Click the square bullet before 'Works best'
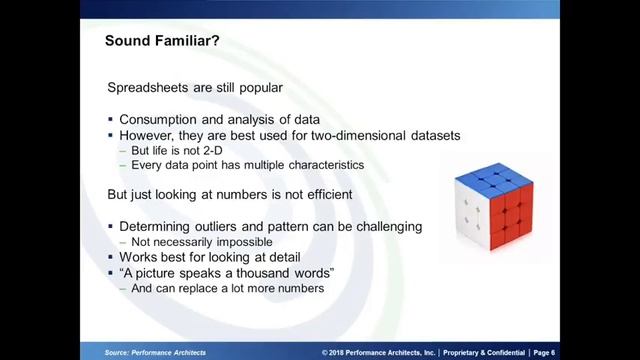111,258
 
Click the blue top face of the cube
492,180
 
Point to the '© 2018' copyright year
334,352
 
